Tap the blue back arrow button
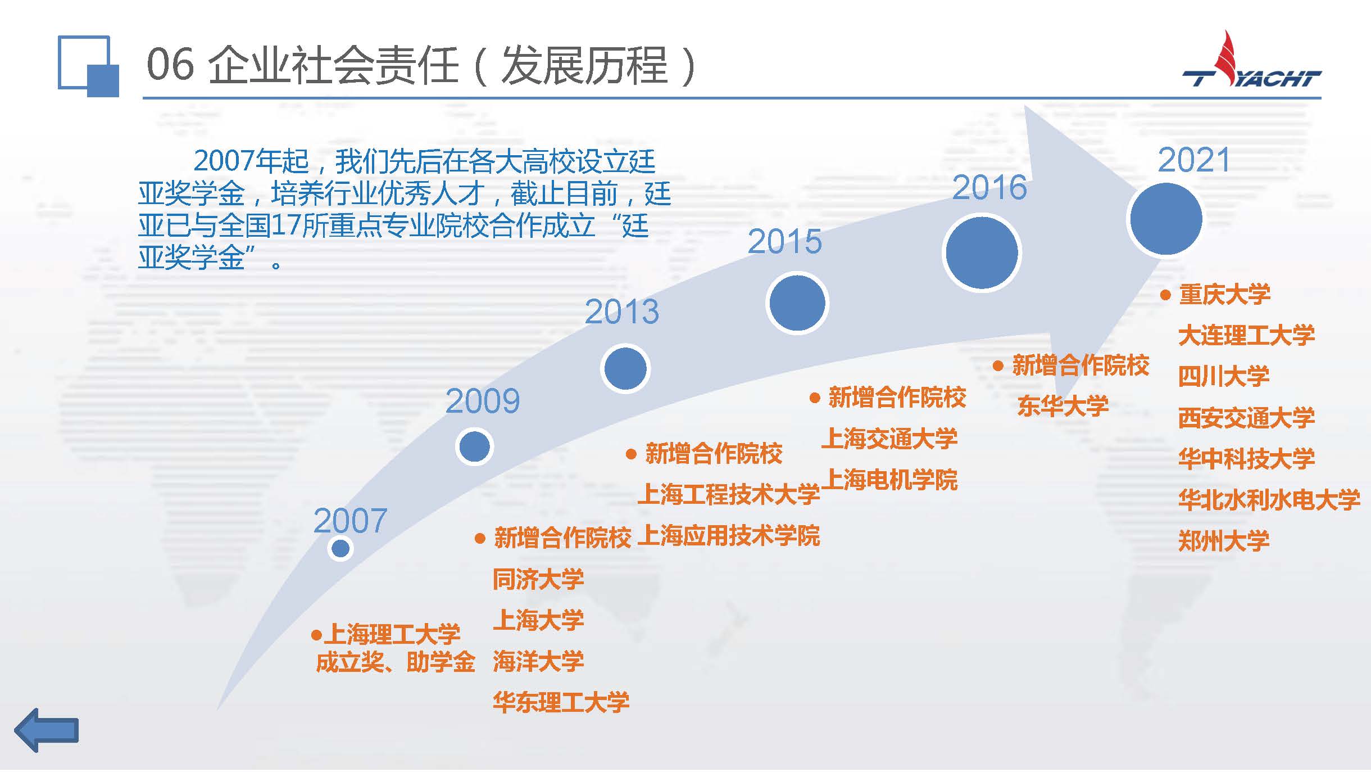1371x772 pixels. (x=47, y=730)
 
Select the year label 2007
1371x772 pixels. (x=350, y=521)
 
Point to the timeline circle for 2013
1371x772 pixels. (x=625, y=368)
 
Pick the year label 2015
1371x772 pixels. (x=784, y=242)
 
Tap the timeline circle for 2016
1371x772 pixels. (x=982, y=252)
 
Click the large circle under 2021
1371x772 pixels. (x=1166, y=219)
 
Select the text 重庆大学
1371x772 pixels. (x=1224, y=295)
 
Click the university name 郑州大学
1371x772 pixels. (x=1224, y=541)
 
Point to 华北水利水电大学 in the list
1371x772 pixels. (x=1269, y=500)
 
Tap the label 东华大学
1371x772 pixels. (x=1063, y=406)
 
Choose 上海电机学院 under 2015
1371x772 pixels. (x=889, y=480)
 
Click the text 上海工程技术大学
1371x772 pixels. (x=729, y=494)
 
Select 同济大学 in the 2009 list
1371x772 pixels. (x=538, y=579)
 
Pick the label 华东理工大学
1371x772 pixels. (x=561, y=702)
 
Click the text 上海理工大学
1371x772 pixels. (x=392, y=634)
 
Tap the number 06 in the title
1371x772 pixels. (x=170, y=65)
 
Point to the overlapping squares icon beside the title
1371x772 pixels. (x=88, y=66)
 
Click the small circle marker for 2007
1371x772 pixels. (x=341, y=548)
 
